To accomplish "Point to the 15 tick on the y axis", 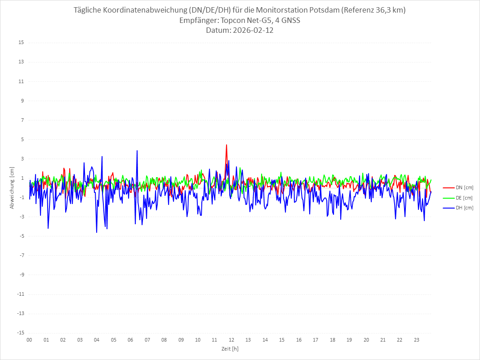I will pos(21,43).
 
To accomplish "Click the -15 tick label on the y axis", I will pos(20,333).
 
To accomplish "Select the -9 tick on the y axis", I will pos(21,275).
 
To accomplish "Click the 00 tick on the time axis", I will pos(29,340).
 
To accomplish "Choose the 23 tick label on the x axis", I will pos(417,340).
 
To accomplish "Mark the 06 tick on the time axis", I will pos(130,340).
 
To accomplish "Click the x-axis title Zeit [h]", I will pos(230,349).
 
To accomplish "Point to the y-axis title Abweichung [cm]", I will pos(12,188).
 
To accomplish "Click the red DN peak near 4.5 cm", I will pos(227,145).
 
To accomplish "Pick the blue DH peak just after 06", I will pos(137,151).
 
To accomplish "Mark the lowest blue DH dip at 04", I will pos(97,232).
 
